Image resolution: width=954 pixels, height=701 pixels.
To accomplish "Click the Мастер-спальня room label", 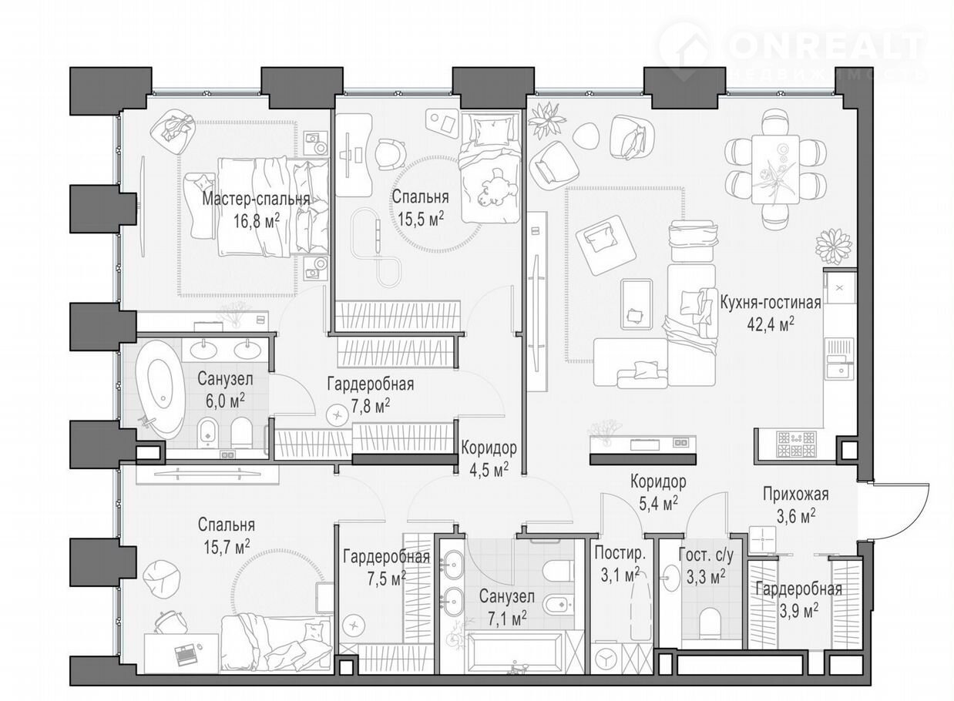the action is click(x=256, y=200).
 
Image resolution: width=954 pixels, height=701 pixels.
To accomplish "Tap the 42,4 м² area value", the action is click(x=771, y=325).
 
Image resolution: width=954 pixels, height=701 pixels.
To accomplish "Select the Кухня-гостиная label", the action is click(x=771, y=303).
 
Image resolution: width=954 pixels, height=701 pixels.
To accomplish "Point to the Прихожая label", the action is click(x=795, y=495).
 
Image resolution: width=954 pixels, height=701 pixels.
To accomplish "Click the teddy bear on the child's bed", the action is click(x=496, y=188).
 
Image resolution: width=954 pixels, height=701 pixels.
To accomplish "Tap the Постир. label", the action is click(x=620, y=554).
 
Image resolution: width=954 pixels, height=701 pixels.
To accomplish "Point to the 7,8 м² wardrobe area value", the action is click(x=370, y=406).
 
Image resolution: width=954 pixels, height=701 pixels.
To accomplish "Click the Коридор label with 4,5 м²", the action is click(x=489, y=448).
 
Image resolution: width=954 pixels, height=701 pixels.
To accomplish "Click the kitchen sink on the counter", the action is click(x=839, y=365).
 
